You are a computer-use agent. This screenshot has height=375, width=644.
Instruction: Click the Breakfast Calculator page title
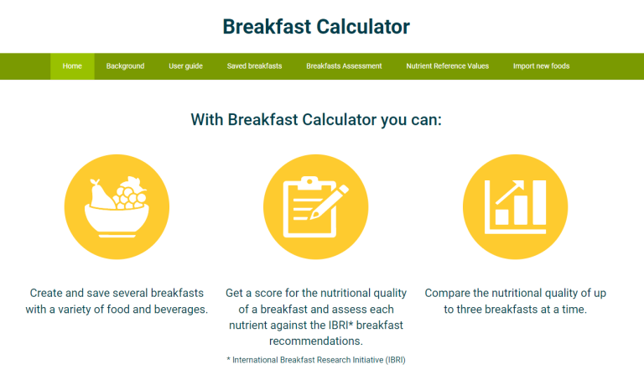pos(316,27)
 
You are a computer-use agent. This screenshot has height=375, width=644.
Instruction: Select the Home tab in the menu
pos(72,66)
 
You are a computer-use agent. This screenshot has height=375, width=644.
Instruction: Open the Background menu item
pos(125,66)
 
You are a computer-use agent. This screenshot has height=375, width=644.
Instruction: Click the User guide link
pos(185,66)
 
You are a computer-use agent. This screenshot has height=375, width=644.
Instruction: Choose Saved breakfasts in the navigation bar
pos(254,66)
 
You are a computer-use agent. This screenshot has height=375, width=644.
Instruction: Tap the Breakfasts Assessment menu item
pos(344,66)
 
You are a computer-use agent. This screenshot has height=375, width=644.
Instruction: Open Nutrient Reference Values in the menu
pos(447,66)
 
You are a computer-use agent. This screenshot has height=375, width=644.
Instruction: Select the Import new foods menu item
pos(541,66)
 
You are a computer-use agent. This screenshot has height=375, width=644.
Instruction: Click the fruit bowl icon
pos(117,206)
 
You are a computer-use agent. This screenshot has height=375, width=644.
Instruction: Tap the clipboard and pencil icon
pos(315,206)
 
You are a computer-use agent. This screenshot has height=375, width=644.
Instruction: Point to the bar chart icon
pos(515,206)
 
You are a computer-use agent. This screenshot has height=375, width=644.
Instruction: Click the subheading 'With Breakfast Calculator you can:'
pos(316,120)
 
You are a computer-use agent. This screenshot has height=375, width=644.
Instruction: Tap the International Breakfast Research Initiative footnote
pos(315,359)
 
